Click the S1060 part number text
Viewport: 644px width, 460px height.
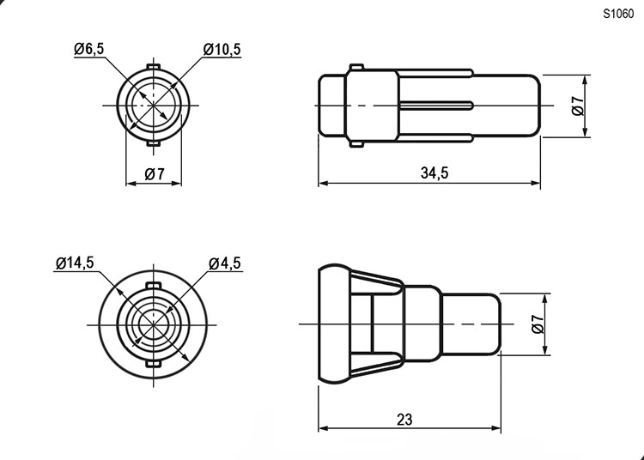point(617,13)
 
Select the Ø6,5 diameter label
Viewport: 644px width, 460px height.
point(89,50)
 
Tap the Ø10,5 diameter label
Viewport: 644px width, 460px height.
point(222,50)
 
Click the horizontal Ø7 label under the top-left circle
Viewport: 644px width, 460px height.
point(155,174)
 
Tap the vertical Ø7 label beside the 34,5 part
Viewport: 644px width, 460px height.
point(578,106)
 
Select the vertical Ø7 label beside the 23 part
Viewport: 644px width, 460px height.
point(538,324)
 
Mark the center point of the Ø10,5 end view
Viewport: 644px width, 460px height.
point(154,105)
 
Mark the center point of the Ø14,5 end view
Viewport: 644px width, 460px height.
point(152,324)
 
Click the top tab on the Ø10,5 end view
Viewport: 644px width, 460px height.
point(154,67)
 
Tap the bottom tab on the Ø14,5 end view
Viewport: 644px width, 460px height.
point(152,365)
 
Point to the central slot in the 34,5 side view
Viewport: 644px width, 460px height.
point(437,106)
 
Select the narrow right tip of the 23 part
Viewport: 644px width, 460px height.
point(472,324)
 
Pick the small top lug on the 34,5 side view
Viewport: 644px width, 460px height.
point(357,66)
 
